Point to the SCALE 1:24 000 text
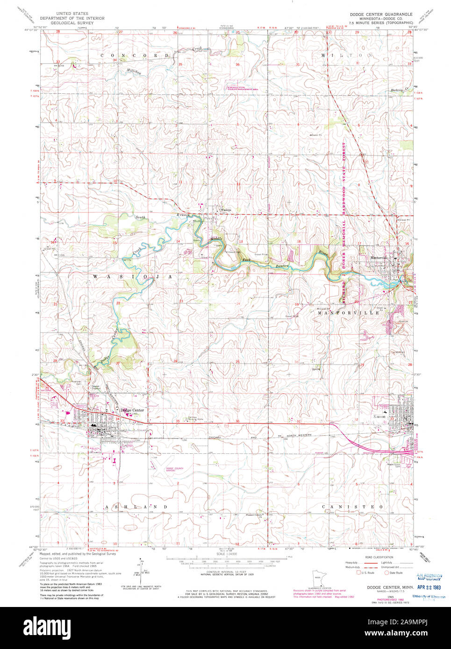[226, 554]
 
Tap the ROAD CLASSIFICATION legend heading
[379, 557]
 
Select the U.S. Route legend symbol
[359, 572]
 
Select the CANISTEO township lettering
[353, 506]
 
